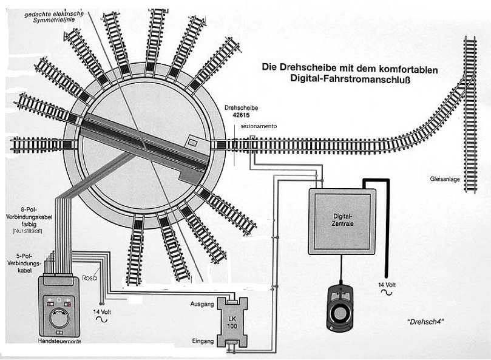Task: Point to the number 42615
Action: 233,114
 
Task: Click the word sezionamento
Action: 258,126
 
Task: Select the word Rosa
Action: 89,279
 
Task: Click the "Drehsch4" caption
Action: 419,321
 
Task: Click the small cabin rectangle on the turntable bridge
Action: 194,141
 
